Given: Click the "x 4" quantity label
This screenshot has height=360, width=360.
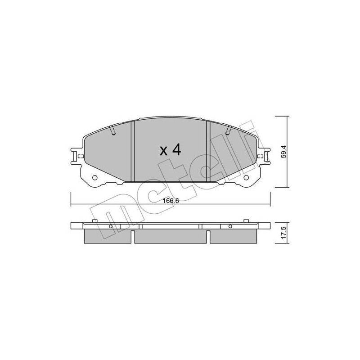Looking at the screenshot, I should coord(170,150).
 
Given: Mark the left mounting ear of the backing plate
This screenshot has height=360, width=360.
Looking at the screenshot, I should coord(76,157).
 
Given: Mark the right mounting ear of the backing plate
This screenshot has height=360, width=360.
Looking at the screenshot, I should coord(265,157).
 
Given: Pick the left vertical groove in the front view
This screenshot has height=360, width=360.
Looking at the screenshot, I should coord(133,151).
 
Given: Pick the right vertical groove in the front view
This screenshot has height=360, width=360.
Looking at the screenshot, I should coord(208,151).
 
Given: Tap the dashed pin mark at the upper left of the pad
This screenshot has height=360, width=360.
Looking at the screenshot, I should coord(112,131).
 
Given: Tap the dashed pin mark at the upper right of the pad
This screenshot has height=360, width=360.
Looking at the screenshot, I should coord(228,131).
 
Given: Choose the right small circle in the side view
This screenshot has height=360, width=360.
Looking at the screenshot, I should coord(230,226).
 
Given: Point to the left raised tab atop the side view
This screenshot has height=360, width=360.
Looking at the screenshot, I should coord(95,220).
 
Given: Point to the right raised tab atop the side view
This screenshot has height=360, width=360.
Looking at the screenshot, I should coord(246,220).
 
